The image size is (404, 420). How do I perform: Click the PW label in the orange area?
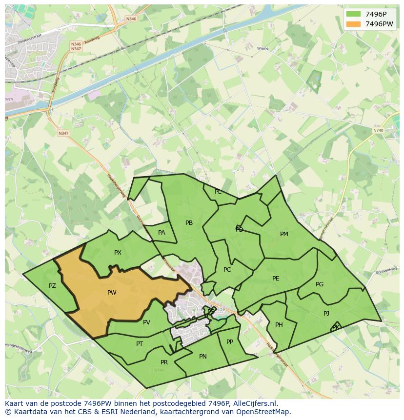112,293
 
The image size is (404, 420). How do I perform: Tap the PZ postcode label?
52,286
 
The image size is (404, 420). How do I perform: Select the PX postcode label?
118,253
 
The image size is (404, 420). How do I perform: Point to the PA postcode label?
162,233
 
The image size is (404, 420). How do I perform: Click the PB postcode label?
189,223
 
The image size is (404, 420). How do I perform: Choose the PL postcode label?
218,192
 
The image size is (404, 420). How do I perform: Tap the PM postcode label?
284,234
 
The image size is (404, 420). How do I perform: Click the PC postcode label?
227,270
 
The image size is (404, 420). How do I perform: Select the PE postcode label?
276,279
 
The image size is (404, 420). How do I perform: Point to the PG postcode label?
320,284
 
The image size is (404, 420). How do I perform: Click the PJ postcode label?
326,314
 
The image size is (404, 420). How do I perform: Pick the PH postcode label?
279,325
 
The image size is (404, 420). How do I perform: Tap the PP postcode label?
230,342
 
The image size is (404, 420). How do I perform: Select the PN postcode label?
203,357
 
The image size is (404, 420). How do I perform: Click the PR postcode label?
164,362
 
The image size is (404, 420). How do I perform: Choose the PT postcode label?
140,344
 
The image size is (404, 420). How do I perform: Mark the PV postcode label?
146,322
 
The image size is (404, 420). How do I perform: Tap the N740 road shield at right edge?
378,131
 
